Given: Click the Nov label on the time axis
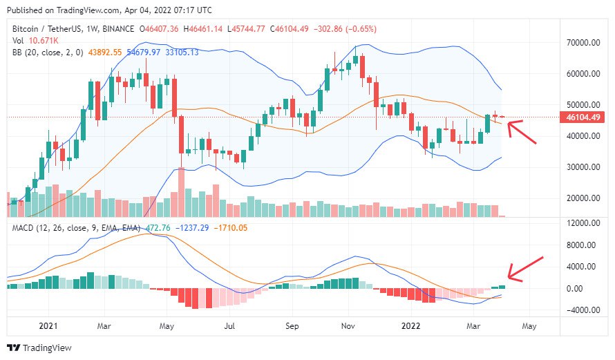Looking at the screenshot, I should (x=348, y=325).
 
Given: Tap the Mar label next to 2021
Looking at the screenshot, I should (x=104, y=325).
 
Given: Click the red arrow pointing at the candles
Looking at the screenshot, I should (x=522, y=131).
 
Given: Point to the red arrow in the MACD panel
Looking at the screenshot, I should (x=525, y=270).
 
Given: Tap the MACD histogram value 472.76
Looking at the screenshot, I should (x=156, y=227).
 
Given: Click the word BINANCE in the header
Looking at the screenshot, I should (x=118, y=29).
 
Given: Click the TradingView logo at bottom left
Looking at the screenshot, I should (x=39, y=348).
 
